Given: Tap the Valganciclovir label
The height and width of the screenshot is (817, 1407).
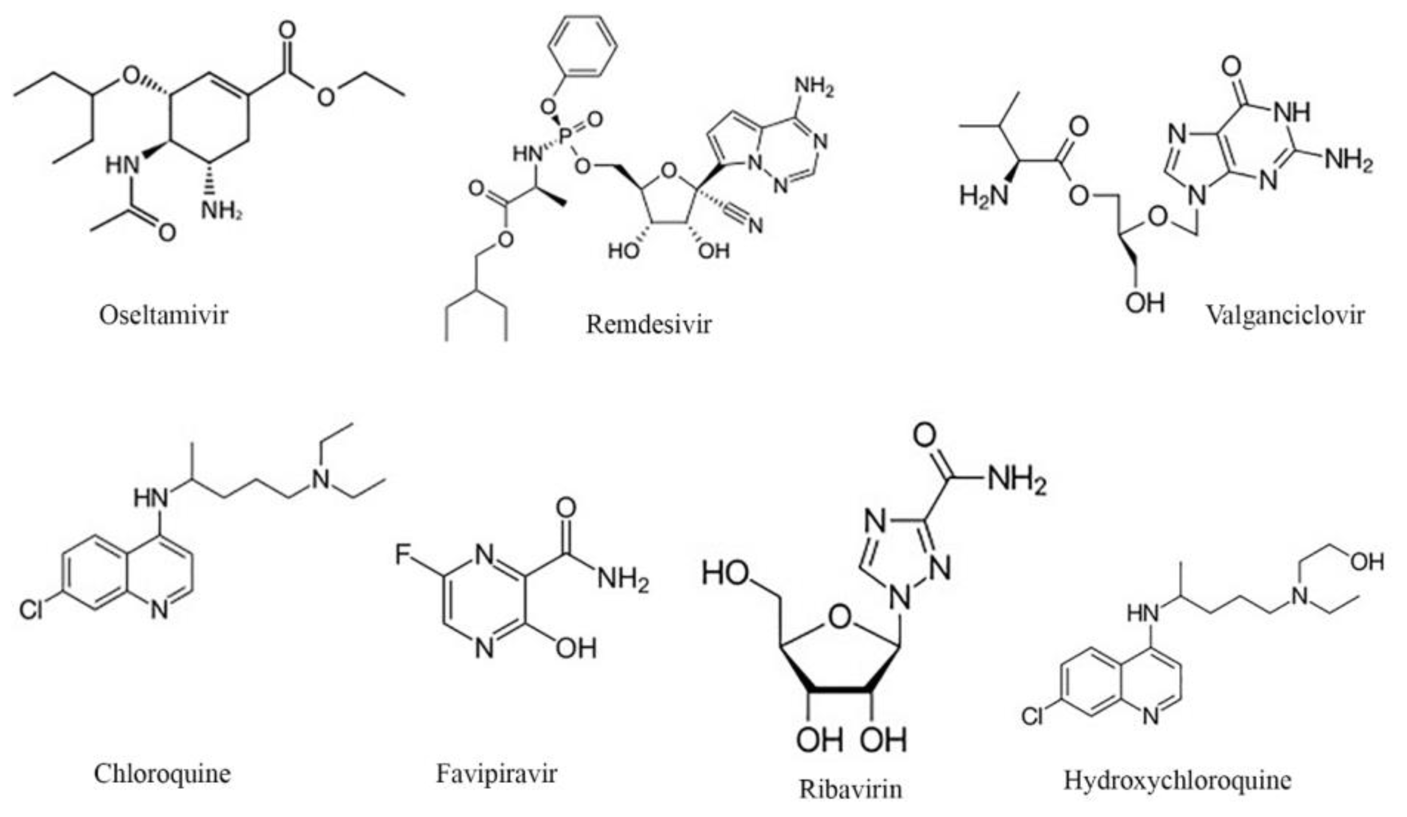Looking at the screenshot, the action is pos(1285,315).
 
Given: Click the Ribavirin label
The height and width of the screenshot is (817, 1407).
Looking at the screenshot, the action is pos(850,789).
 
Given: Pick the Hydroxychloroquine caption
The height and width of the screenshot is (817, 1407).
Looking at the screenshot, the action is pos(1177,780).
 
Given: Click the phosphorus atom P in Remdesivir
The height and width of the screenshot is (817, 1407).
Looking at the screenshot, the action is pos(565,135).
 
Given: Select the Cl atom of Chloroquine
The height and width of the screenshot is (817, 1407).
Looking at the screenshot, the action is pos(31,610).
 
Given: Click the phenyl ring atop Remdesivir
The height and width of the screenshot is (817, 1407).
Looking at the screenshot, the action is pos(582,46).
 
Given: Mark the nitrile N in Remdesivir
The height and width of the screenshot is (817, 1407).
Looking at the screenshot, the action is pos(755,225).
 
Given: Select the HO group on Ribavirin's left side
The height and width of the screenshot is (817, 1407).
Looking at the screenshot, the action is pos(725,573).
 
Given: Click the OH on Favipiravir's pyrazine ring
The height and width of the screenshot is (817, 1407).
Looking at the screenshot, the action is pos(576,648).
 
